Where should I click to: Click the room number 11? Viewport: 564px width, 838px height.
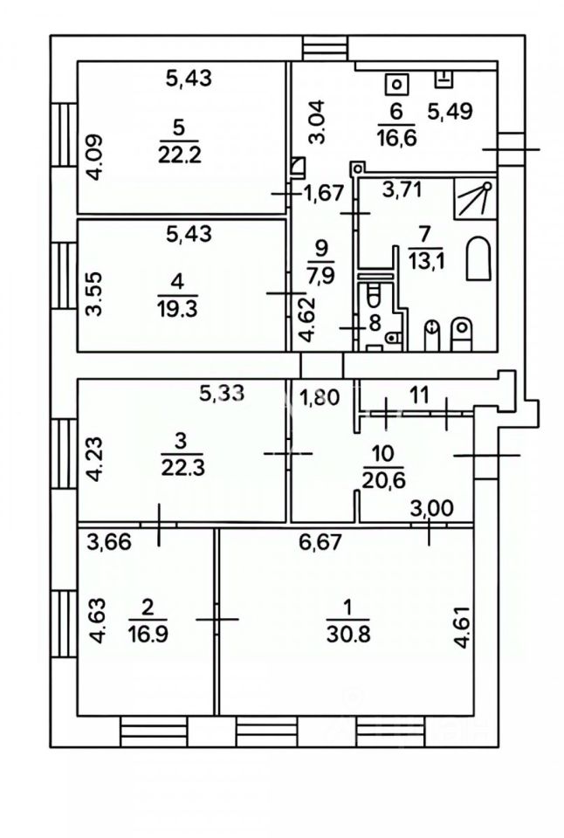[420, 395]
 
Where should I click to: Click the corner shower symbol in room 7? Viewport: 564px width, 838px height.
[472, 199]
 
